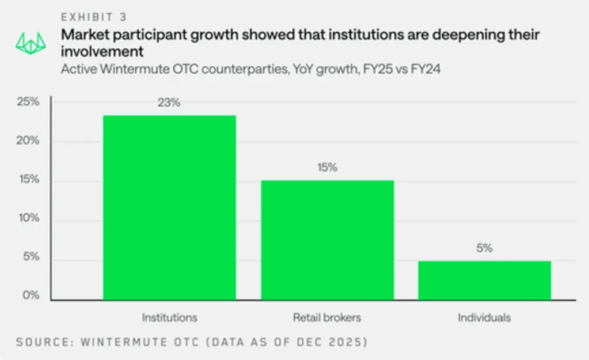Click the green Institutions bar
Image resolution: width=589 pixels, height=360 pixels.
pyautogui.click(x=169, y=207)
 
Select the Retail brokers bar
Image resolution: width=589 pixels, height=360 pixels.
pyautogui.click(x=328, y=240)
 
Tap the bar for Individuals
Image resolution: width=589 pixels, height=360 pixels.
pyautogui.click(x=485, y=281)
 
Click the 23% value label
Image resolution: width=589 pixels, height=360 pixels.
pyautogui.click(x=169, y=103)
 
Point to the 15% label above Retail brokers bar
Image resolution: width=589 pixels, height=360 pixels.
pyautogui.click(x=328, y=167)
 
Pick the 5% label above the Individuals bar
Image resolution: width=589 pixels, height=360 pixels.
pyautogui.click(x=485, y=248)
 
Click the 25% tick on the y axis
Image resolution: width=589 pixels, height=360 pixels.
pyautogui.click(x=28, y=101)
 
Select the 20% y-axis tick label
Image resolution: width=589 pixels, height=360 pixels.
pyautogui.click(x=28, y=141)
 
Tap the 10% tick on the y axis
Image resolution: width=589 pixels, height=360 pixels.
pyautogui.click(x=29, y=218)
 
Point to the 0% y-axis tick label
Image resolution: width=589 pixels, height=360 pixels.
pyautogui.click(x=31, y=295)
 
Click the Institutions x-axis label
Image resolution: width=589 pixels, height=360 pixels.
pyautogui.click(x=169, y=317)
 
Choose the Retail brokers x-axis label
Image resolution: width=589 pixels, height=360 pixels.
pyautogui.click(x=327, y=317)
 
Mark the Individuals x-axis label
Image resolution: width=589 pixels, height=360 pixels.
pyautogui.click(x=484, y=317)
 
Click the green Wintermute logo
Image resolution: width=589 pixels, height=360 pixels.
pyautogui.click(x=31, y=44)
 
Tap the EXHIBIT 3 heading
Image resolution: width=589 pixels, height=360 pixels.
pyautogui.click(x=94, y=17)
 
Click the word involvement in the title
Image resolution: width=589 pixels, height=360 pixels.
pyautogui.click(x=102, y=51)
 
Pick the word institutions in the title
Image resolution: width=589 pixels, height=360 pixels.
pyautogui.click(x=379, y=35)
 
